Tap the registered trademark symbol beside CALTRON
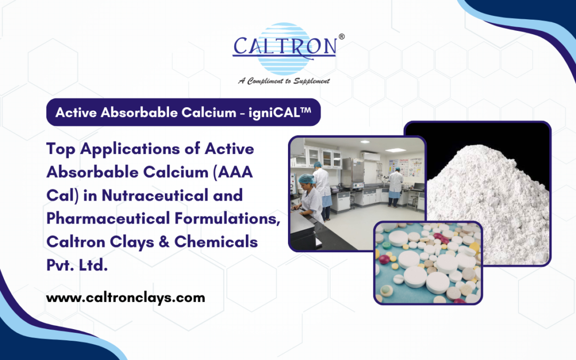[341, 37]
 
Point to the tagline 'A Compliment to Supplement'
[284, 81]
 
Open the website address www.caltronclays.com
[125, 298]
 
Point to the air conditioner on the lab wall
[371, 156]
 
